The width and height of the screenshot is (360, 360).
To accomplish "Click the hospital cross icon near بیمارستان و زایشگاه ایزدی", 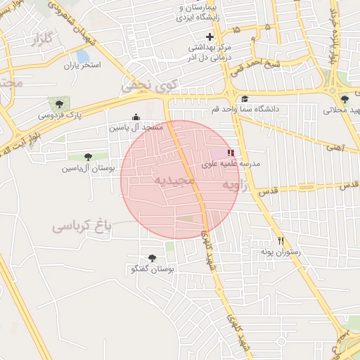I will pyautogui.click(x=209, y=36).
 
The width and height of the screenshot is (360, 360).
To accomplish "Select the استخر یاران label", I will pyautogui.click(x=82, y=65).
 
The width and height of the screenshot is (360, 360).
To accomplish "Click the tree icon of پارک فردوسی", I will pyautogui.click(x=53, y=103).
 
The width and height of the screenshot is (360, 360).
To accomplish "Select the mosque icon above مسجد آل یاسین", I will pyautogui.click(x=136, y=117).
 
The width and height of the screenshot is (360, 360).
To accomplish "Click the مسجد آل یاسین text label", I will pyautogui.click(x=136, y=128).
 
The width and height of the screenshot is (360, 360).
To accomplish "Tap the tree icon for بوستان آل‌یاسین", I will pyautogui.click(x=87, y=157).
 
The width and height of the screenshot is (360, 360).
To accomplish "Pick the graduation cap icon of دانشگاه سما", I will pyautogui.click(x=245, y=99).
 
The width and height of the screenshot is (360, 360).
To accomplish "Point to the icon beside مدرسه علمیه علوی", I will pyautogui.click(x=231, y=153).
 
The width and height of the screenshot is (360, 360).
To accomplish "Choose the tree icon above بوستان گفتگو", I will pyautogui.click(x=153, y=258).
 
